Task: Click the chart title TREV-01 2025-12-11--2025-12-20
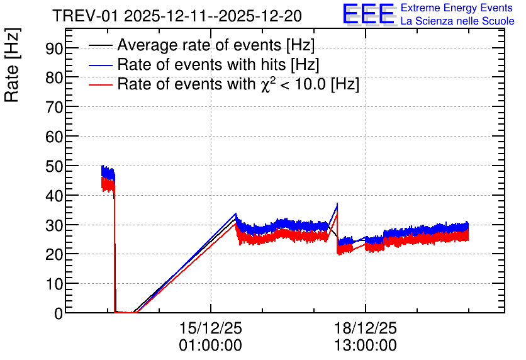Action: pyautogui.click(x=177, y=16)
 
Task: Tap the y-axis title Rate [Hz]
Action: pyautogui.click(x=12, y=65)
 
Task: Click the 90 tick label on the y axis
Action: pyautogui.click(x=54, y=49)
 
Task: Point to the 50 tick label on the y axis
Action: pyautogui.click(x=54, y=167)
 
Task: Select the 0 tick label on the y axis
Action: pyautogui.click(x=59, y=314)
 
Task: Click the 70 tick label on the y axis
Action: pyautogui.click(x=54, y=108)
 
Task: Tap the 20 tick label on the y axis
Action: pyautogui.click(x=54, y=255)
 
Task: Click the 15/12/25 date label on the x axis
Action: pyautogui.click(x=211, y=328)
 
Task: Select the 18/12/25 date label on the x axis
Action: pyautogui.click(x=366, y=328)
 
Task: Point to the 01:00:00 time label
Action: pyautogui.click(x=211, y=346)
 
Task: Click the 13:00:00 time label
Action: pyautogui.click(x=366, y=346)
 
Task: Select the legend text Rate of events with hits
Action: pyautogui.click(x=218, y=64)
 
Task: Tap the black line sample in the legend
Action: pyautogui.click(x=100, y=45)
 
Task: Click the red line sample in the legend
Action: pyautogui.click(x=100, y=84)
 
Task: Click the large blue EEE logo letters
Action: pyautogui.click(x=369, y=14)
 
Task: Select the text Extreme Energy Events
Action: pyautogui.click(x=457, y=8)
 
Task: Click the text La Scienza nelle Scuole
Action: pyautogui.click(x=457, y=21)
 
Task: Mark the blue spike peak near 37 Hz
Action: pyautogui.click(x=337, y=203)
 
